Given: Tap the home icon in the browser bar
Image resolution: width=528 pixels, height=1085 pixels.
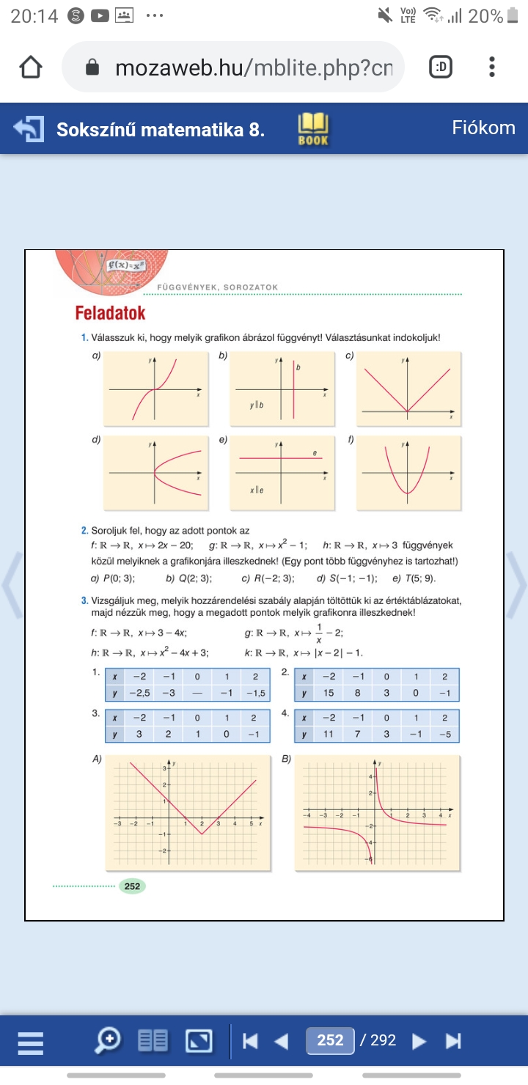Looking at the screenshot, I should [30, 67].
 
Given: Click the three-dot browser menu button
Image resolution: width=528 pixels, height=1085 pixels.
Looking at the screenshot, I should [491, 67].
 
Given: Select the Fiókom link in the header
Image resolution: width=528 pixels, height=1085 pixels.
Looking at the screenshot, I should [483, 128].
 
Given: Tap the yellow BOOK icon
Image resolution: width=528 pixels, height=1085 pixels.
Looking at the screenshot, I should [313, 128].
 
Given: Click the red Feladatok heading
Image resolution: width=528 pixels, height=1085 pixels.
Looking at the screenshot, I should [110, 314].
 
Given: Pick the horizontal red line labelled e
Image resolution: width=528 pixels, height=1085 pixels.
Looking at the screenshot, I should [279, 458].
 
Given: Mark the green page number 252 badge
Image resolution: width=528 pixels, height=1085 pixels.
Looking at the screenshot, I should [132, 886].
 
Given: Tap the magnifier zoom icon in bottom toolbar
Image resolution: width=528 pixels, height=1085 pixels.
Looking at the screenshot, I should [109, 1040].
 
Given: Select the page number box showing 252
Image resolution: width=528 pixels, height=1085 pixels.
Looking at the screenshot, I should [331, 1040].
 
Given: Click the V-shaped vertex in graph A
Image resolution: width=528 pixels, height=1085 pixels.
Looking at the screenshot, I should [202, 833].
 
